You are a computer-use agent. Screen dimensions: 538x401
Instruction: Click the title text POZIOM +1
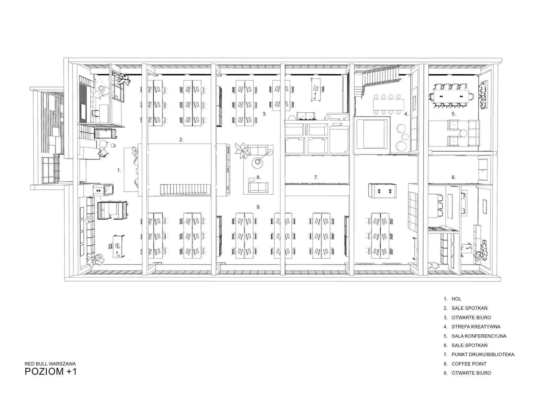(x=50, y=371)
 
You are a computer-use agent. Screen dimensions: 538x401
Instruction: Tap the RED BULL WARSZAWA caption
(x=50, y=364)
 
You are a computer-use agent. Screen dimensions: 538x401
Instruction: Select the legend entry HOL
(x=456, y=299)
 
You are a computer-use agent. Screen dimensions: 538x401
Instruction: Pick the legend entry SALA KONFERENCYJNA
(x=479, y=336)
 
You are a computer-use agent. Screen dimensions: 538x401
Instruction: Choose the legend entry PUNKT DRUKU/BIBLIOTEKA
(x=483, y=354)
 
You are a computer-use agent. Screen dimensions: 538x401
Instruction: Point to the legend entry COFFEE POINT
(x=469, y=364)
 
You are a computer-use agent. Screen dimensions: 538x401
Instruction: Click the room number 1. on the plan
(x=119, y=170)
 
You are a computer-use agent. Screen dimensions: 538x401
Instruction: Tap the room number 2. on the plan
(x=181, y=140)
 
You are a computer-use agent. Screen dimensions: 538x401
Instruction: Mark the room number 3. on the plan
(x=264, y=114)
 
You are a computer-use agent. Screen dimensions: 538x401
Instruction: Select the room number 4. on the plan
(x=406, y=114)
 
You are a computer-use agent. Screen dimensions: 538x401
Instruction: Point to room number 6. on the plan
(x=454, y=177)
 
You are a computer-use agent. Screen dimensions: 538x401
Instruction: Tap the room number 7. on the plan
(x=316, y=177)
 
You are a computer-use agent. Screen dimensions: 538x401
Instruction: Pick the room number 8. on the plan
(x=259, y=177)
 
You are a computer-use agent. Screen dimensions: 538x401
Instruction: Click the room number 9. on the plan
(x=259, y=207)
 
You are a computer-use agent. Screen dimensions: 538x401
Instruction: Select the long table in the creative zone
(x=388, y=105)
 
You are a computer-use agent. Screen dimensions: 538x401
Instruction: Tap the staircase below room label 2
(x=185, y=189)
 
